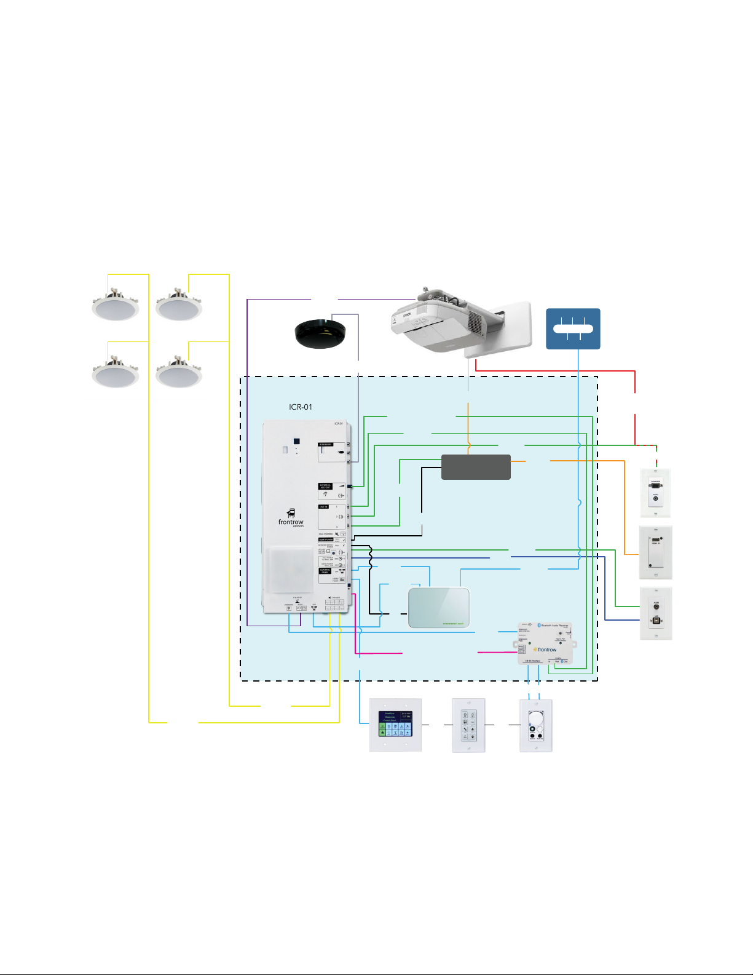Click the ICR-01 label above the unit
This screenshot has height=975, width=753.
[x=301, y=407]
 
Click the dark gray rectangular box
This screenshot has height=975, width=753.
[x=476, y=467]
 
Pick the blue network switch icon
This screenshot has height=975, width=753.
[x=573, y=328]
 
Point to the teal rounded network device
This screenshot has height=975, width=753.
[x=439, y=608]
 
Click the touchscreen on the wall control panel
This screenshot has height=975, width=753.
[x=395, y=724]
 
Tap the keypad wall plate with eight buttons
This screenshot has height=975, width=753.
[x=468, y=725]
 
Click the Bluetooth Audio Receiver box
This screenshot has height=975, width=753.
[x=545, y=643]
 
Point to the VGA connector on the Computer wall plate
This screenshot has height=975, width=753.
[x=656, y=486]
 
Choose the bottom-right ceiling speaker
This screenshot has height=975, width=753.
[x=178, y=373]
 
